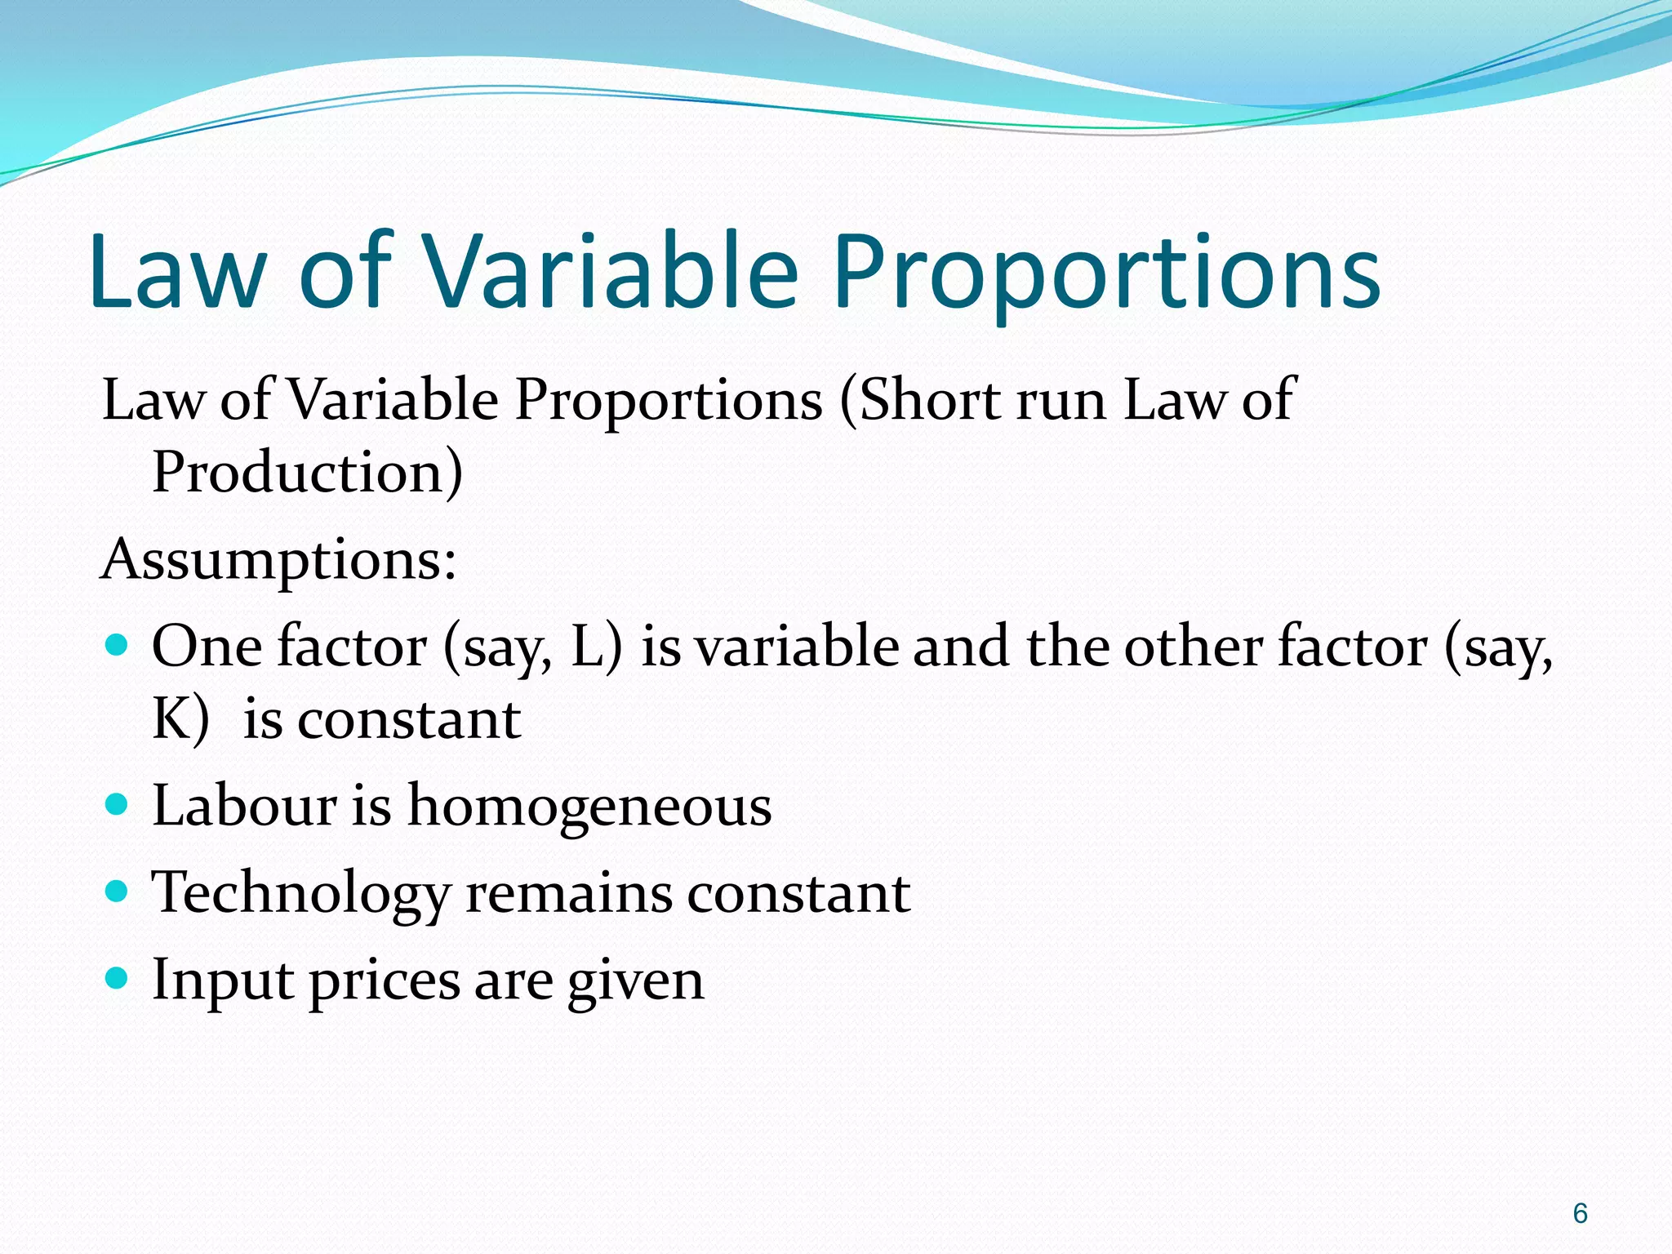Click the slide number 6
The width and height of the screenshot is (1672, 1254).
(x=1580, y=1213)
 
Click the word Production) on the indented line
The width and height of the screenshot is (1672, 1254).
(x=308, y=474)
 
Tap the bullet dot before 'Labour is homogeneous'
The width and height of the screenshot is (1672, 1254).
(x=118, y=805)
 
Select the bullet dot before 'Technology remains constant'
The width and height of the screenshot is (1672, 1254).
(x=118, y=892)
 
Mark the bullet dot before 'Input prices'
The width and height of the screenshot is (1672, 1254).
(x=118, y=978)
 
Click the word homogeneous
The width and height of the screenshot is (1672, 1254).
(x=589, y=807)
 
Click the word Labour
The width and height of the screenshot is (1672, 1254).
(x=244, y=806)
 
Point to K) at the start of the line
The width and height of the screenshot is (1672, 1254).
(x=180, y=720)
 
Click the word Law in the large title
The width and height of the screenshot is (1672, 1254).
(x=178, y=272)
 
